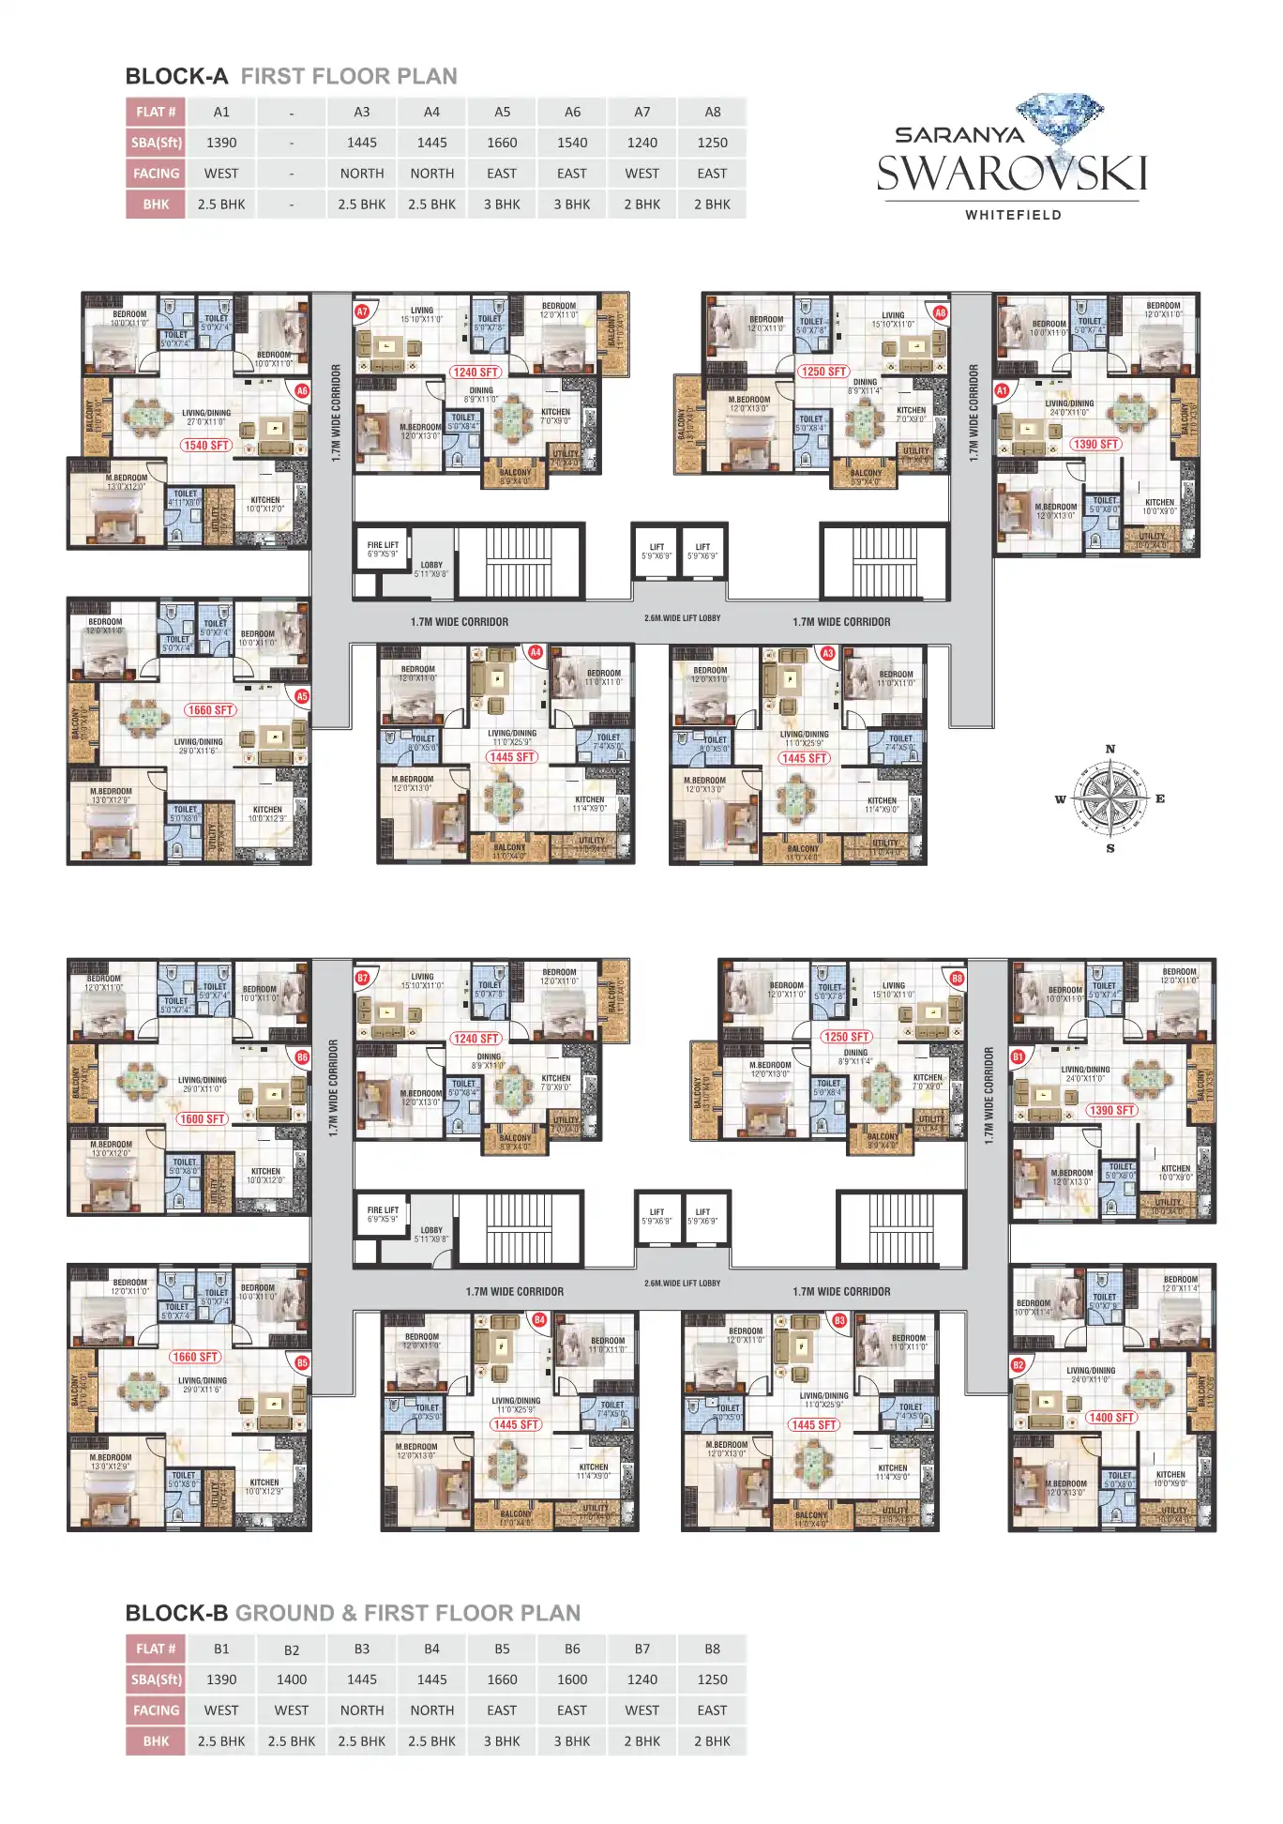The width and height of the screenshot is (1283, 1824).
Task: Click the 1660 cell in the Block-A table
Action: click(x=502, y=143)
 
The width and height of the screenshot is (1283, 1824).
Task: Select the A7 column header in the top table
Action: click(x=642, y=112)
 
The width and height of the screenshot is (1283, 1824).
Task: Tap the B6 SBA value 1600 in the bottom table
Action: click(x=572, y=1680)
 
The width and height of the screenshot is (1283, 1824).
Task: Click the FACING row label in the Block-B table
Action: click(x=156, y=1710)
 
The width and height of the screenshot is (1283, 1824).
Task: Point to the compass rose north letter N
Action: click(x=1110, y=749)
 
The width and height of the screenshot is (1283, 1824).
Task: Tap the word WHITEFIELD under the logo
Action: click(x=1013, y=215)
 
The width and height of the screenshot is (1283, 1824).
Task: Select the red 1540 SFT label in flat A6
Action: click(x=206, y=446)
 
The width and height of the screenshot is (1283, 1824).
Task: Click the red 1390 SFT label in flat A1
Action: click(x=1095, y=444)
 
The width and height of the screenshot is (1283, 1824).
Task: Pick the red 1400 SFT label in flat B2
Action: click(x=1111, y=1418)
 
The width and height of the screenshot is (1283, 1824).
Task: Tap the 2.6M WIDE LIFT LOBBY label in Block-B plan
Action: click(x=682, y=1283)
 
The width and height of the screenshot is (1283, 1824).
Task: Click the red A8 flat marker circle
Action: click(x=940, y=312)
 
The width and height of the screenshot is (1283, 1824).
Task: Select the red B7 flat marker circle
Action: click(x=363, y=978)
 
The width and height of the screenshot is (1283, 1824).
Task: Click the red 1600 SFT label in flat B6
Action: click(x=203, y=1119)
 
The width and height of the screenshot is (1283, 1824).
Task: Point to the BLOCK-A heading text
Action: click(x=176, y=77)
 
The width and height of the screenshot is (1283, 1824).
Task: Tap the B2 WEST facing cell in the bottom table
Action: click(x=292, y=1710)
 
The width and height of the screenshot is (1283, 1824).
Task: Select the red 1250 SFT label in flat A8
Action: click(x=823, y=372)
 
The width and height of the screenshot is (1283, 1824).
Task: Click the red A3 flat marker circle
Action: click(x=827, y=653)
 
